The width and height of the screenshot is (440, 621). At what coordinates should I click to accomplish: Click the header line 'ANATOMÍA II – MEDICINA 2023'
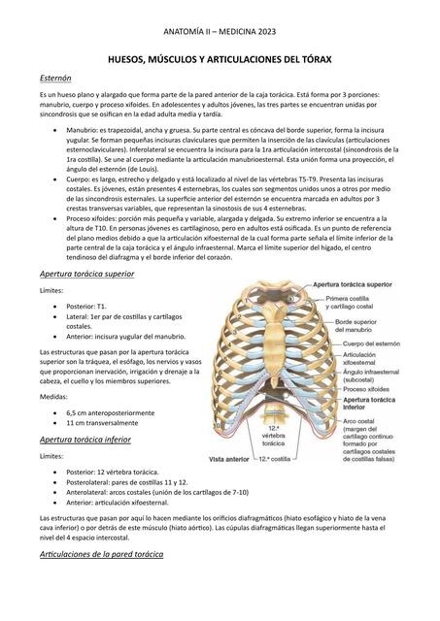pos(220,33)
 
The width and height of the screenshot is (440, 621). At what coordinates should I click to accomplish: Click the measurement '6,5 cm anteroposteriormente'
pos(110,412)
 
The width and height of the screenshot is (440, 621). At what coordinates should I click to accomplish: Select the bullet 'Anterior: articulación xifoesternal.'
pos(126,503)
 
